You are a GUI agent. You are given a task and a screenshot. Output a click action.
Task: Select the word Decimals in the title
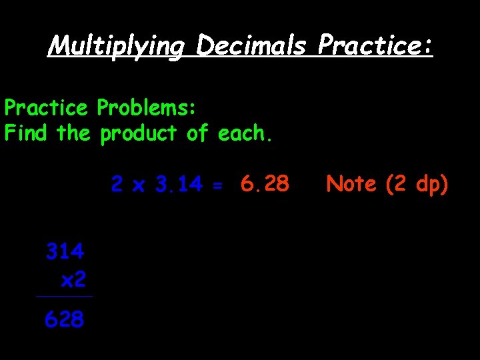click(x=251, y=46)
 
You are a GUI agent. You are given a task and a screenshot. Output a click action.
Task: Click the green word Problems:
click(x=145, y=107)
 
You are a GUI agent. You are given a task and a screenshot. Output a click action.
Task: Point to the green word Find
click(x=26, y=133)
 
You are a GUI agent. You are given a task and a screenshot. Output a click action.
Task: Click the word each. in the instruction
click(x=245, y=133)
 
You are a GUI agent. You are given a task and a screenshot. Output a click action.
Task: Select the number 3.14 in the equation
click(x=179, y=184)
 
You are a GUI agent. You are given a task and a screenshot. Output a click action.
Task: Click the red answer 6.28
click(x=265, y=183)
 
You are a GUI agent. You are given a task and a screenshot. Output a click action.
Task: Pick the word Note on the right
click(x=352, y=183)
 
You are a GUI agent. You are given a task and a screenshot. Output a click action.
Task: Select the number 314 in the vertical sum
click(x=65, y=251)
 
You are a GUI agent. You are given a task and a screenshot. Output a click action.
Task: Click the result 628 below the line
click(x=65, y=320)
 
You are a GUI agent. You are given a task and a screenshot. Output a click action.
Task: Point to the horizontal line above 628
click(x=65, y=297)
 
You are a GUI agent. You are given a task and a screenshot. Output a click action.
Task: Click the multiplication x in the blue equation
click(x=138, y=186)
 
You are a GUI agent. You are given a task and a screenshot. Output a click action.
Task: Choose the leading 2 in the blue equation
click(x=117, y=184)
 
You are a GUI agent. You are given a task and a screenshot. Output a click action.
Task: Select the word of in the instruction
click(x=197, y=133)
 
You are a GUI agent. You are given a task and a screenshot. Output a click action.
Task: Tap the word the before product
click(x=73, y=133)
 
